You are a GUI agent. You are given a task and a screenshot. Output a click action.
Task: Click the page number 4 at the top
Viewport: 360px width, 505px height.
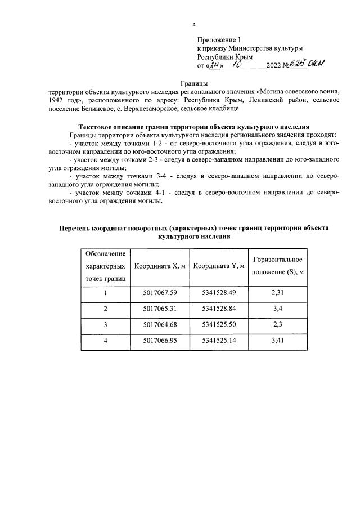[x=194, y=25]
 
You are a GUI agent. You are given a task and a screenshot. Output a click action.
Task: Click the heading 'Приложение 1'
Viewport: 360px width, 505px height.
[x=219, y=40]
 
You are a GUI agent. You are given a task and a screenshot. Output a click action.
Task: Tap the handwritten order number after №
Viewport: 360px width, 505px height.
[x=310, y=65]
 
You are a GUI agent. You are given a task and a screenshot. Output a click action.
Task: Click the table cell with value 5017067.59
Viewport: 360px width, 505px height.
[x=160, y=293]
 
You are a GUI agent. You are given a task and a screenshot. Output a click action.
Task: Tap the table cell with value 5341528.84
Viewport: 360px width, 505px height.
[x=218, y=309]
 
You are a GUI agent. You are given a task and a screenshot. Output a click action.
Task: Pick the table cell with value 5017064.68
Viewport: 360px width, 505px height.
[x=160, y=324]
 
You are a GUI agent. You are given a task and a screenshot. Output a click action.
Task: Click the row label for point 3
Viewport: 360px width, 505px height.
[x=105, y=324]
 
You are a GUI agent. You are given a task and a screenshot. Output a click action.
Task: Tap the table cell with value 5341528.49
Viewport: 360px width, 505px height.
[x=218, y=293]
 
